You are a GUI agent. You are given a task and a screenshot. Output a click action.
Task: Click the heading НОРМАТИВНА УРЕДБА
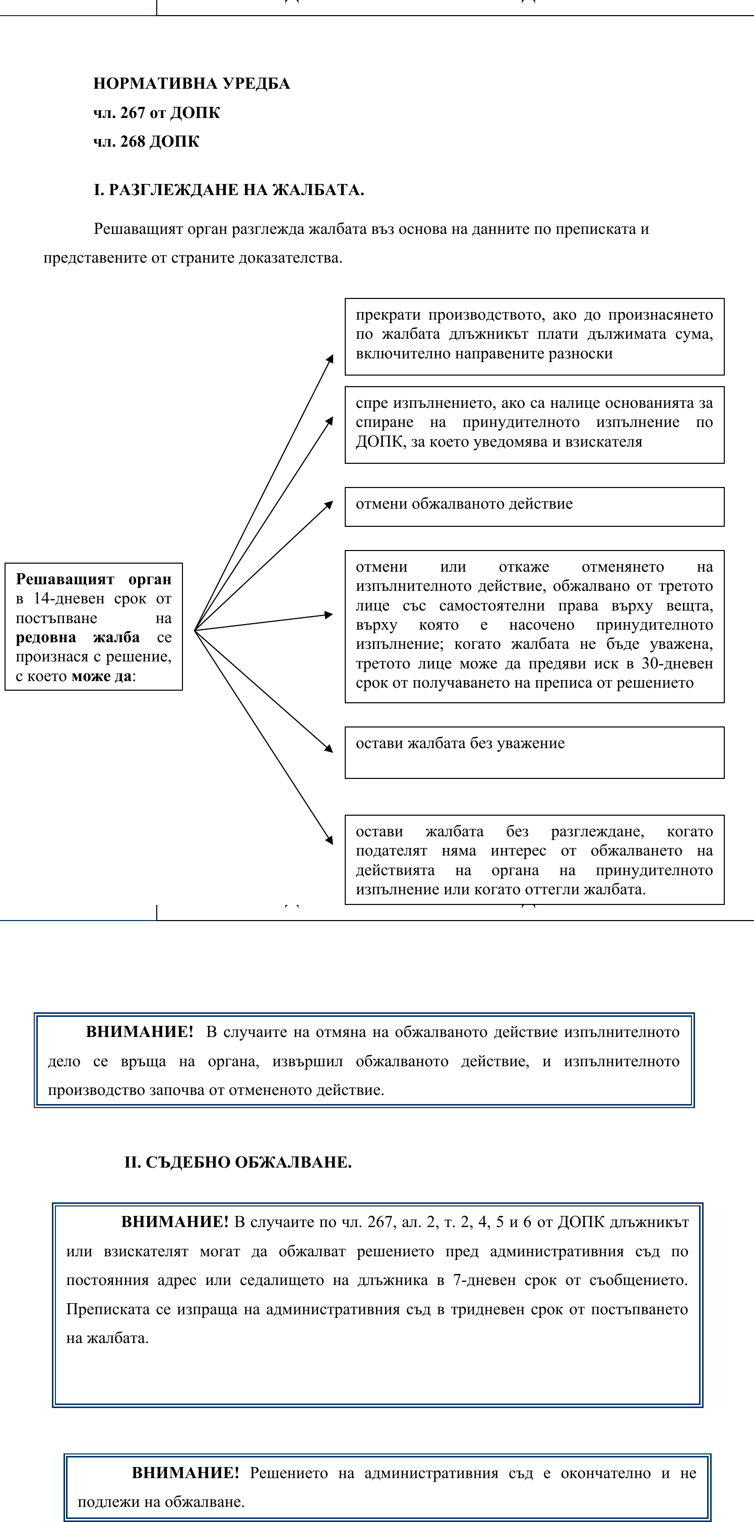pos(192,83)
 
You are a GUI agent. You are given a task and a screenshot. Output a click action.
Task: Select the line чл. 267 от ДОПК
pos(157,113)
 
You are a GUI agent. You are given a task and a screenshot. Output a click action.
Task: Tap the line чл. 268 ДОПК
pos(146,142)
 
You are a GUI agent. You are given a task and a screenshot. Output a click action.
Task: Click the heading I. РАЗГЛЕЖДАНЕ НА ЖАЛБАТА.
pos(229,190)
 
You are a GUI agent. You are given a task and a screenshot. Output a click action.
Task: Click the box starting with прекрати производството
pos(534,336)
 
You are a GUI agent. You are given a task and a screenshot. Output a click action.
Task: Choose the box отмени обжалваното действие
pos(534,506)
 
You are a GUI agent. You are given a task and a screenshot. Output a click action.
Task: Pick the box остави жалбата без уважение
pos(534,752)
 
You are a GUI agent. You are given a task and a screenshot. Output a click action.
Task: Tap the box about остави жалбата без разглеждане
pos(534,859)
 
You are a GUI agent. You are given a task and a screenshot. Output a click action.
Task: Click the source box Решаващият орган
pos(93,626)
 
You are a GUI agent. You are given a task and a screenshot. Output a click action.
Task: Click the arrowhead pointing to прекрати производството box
pos(330,358)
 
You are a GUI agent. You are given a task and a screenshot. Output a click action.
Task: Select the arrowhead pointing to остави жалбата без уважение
pos(329,749)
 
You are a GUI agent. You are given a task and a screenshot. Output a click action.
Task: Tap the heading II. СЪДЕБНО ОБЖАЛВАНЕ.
pos(237,1162)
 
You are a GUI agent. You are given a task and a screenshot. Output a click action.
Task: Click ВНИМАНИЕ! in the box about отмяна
pos(140,1031)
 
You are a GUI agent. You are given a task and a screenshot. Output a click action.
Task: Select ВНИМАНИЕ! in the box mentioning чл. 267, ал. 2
pos(174,1222)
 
